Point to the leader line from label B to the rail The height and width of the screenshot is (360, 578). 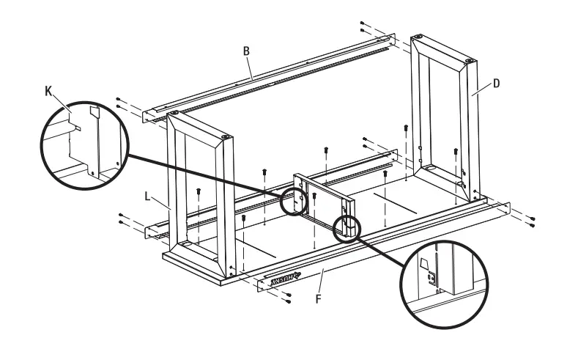[251, 67]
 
